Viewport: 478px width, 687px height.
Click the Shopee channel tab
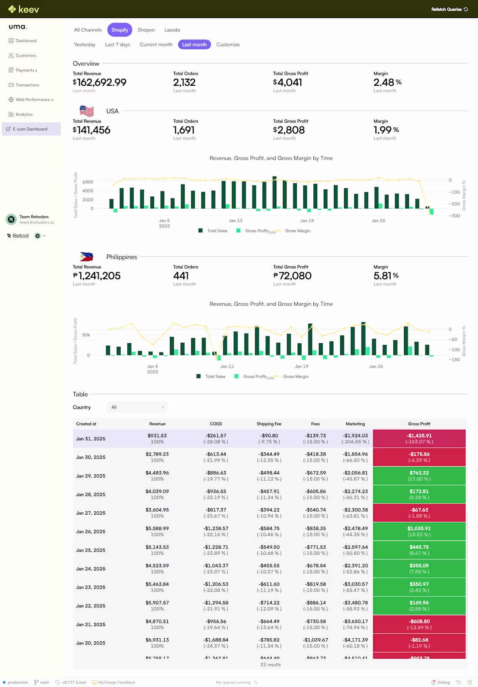pos(146,30)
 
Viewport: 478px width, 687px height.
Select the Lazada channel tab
pos(172,30)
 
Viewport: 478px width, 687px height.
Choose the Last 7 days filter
pos(117,44)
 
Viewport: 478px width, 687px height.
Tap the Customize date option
pos(228,44)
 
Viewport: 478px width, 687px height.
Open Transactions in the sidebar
pos(27,85)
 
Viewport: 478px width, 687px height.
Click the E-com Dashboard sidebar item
pos(30,129)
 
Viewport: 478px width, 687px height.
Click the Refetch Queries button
pos(449,9)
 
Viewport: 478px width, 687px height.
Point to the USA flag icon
pos(87,111)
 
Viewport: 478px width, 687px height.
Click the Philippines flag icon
pos(86,257)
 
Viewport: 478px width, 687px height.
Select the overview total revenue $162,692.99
pos(100,82)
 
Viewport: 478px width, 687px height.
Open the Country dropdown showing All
pos(137,407)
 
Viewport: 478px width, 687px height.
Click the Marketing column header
pos(355,424)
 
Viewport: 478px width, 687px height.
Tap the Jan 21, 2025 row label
pos(91,624)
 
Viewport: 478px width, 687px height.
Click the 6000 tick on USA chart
pos(88,182)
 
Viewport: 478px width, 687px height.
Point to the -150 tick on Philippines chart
pos(454,359)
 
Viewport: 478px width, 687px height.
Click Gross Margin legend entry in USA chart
pos(297,231)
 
